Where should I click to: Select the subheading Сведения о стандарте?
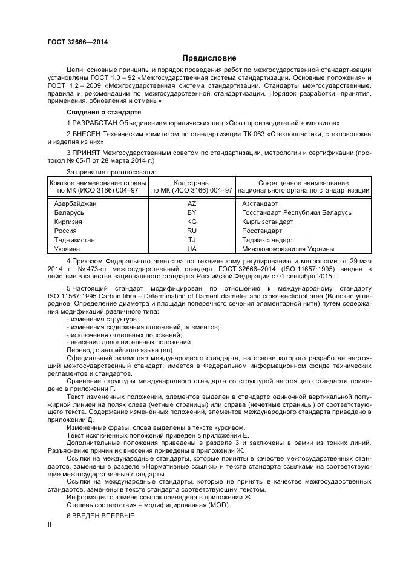click(x=103, y=113)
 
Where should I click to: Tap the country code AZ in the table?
click(x=192, y=204)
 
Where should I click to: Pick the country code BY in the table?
click(x=192, y=213)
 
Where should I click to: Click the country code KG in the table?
click(x=192, y=222)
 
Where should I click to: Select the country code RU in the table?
click(x=192, y=231)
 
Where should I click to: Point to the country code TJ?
click(x=192, y=240)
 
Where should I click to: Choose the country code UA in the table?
click(x=192, y=249)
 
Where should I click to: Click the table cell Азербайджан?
click(x=75, y=204)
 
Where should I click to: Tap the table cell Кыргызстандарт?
click(x=267, y=222)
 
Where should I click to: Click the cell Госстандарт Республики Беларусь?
click(x=296, y=213)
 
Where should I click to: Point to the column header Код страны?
click(x=192, y=182)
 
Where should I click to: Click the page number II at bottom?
click(x=50, y=526)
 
